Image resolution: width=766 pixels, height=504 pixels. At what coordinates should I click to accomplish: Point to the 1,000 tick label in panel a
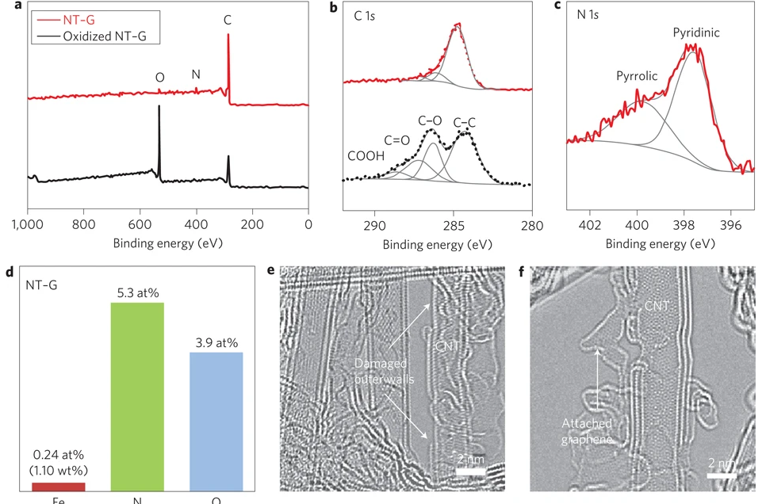(x=29, y=224)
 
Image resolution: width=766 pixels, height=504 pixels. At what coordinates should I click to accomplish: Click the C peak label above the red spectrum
(x=228, y=21)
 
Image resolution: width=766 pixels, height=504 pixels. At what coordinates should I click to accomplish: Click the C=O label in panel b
(x=397, y=140)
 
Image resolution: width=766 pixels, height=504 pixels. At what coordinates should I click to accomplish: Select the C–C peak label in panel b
(x=466, y=122)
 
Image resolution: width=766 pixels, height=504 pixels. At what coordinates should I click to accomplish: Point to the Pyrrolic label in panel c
(x=638, y=77)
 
